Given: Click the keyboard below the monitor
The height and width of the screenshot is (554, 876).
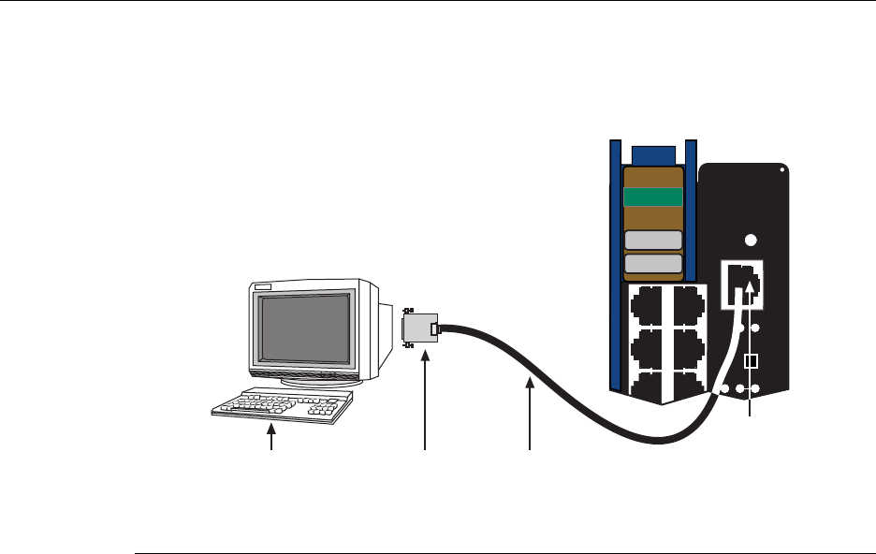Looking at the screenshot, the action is [x=280, y=405].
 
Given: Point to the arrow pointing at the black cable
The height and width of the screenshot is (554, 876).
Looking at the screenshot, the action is [x=530, y=412].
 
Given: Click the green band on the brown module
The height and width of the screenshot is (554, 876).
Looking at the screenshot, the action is [x=652, y=197].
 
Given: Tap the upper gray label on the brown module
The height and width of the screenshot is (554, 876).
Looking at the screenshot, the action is [x=652, y=241].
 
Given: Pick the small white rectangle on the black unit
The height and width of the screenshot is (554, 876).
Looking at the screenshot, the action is [x=749, y=360].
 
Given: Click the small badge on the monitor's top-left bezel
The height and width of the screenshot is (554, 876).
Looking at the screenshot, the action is [x=263, y=287].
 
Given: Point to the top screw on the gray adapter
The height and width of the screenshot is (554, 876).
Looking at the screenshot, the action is [x=409, y=310].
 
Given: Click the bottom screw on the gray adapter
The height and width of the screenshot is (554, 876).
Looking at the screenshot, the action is [x=409, y=344].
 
